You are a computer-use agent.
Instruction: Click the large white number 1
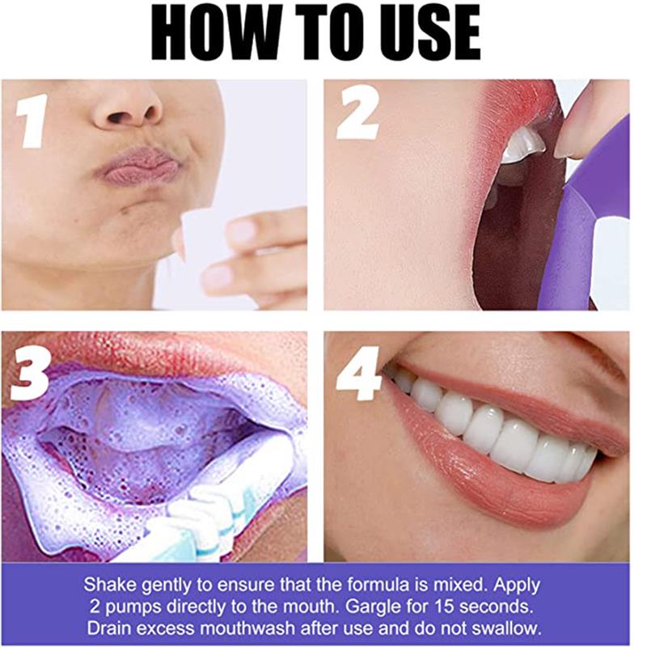coord(32,121)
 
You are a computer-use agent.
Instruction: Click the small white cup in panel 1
coord(198,232)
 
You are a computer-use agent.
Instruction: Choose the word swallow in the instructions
coord(510,628)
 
